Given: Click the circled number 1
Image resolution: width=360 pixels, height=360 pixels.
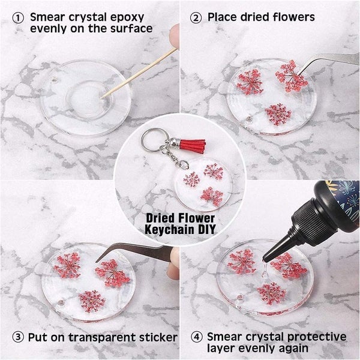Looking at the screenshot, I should [x=19, y=17].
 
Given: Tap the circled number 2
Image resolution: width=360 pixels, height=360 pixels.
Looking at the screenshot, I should [x=196, y=17].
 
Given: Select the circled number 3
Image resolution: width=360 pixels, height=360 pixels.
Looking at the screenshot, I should [x=19, y=337].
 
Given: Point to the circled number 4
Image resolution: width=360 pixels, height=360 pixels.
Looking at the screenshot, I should [x=197, y=337].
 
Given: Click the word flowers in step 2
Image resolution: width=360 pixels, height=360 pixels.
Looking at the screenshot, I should [x=292, y=17].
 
